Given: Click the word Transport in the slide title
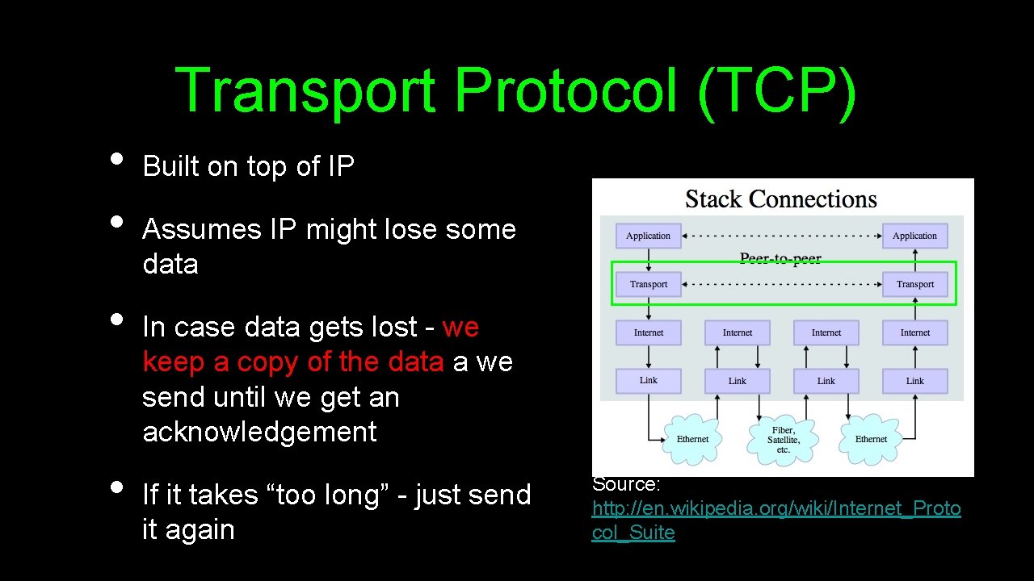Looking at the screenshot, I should pos(305,90).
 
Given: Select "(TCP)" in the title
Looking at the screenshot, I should pos(776,90).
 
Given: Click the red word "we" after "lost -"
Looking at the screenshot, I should pos(460,327).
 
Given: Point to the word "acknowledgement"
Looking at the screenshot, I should pos(259,432).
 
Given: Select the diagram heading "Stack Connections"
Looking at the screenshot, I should pos(780,199).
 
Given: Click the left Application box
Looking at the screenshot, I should pos(648,236).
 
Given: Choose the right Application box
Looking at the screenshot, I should pos(914,236).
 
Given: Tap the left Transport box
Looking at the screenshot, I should pos(648,284).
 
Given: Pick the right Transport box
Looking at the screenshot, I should pos(914,284).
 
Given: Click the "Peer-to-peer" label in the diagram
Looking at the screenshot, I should pos(780,259).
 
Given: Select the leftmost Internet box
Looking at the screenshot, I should pos(648,332).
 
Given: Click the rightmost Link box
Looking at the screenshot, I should pos(914,381).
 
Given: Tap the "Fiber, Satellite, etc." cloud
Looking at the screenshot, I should pos(783,440).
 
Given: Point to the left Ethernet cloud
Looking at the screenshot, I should pos(692,439).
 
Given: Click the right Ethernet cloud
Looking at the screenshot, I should pos(871,439).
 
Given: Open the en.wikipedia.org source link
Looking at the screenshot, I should pos(775,509).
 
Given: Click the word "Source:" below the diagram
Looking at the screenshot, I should pos(626,484).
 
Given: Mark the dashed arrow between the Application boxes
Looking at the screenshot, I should pos(781,236).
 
